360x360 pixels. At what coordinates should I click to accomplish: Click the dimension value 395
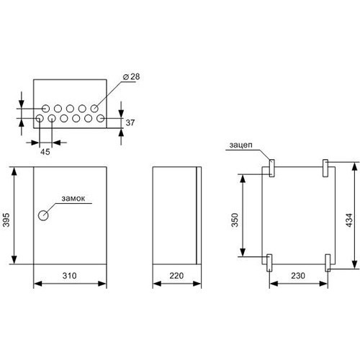click(6, 220)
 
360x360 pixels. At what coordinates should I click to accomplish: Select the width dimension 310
click(70, 276)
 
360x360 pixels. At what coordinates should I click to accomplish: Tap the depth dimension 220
click(176, 276)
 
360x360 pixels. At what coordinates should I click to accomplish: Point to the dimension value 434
click(349, 220)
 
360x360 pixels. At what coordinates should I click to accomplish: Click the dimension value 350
click(235, 220)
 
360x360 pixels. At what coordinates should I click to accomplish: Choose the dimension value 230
click(298, 276)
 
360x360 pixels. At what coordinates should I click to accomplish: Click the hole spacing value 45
click(45, 152)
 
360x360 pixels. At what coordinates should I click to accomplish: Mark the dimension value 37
click(130, 122)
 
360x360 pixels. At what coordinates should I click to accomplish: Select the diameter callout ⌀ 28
click(131, 76)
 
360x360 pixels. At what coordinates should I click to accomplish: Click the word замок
click(73, 199)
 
